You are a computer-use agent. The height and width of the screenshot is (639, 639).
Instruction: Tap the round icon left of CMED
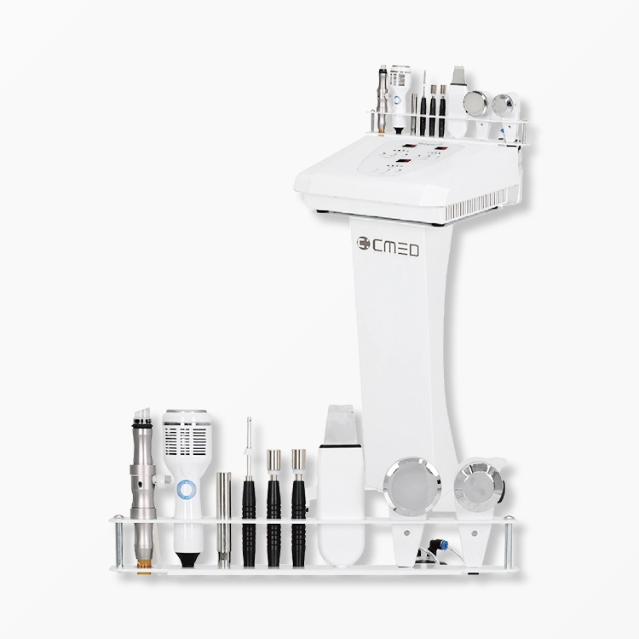pos(363,243)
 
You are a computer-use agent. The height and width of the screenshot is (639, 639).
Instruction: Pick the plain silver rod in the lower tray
pos(224,520)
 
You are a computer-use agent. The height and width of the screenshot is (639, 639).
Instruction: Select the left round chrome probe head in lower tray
pos(412,485)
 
